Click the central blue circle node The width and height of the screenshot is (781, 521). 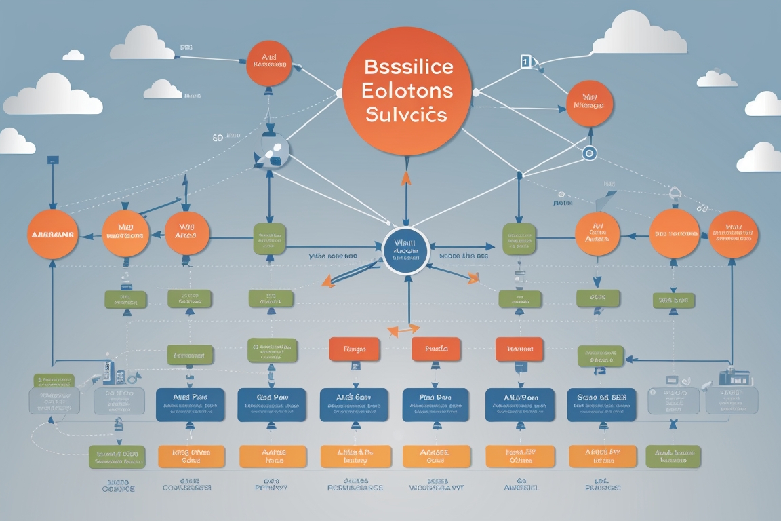(x=406, y=250)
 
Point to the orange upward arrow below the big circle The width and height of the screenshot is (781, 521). (x=406, y=178)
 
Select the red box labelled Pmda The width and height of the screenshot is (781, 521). (x=436, y=349)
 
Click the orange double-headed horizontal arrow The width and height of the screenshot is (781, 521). (x=403, y=330)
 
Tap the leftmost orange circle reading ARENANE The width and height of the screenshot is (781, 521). (x=52, y=234)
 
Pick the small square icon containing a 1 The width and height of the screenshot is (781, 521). (x=525, y=62)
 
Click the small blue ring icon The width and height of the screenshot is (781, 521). (x=588, y=154)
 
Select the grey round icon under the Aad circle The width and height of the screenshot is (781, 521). (x=271, y=151)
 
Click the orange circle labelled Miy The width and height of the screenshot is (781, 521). (x=589, y=104)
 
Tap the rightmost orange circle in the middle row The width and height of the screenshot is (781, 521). (x=733, y=234)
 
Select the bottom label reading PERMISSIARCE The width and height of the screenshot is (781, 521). (x=355, y=487)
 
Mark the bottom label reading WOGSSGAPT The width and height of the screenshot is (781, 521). (x=437, y=487)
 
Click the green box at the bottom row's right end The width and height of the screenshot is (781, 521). (x=672, y=457)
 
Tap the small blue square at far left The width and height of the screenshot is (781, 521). (x=52, y=161)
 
